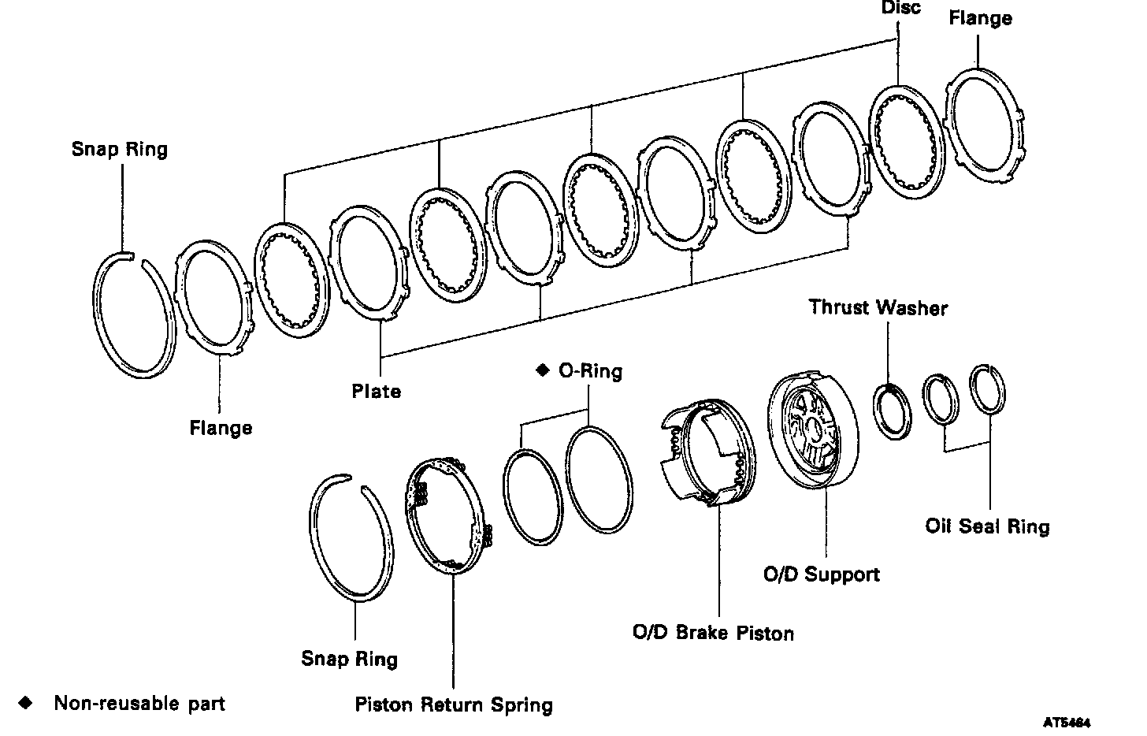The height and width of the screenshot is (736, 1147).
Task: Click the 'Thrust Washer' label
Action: (x=878, y=308)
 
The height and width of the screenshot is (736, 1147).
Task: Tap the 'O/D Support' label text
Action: (x=822, y=574)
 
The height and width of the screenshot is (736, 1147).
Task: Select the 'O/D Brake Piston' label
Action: (x=713, y=633)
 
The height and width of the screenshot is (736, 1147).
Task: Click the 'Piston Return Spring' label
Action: (x=454, y=704)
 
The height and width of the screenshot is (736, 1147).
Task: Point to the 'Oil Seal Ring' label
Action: (x=987, y=526)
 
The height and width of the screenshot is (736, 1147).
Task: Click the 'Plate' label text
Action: (x=377, y=392)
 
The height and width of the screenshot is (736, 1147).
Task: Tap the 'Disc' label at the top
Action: (x=901, y=7)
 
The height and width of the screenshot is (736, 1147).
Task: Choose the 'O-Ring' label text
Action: (x=590, y=370)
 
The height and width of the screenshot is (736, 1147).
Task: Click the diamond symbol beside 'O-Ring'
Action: (x=542, y=370)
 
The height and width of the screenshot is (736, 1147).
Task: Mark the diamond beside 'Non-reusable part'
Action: (x=25, y=703)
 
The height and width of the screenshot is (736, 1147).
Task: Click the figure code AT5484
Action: (x=1067, y=723)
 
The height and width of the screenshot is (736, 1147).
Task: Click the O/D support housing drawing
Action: (x=813, y=431)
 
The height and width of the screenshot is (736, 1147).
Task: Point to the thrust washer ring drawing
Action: (x=892, y=411)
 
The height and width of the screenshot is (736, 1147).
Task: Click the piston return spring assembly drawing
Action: (x=445, y=516)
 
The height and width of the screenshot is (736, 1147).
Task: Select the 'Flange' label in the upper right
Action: (x=980, y=18)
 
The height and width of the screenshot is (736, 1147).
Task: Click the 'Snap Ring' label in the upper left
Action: (x=119, y=149)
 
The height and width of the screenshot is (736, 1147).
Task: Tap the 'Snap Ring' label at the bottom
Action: (x=349, y=659)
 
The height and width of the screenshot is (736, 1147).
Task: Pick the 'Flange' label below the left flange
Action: (x=221, y=428)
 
